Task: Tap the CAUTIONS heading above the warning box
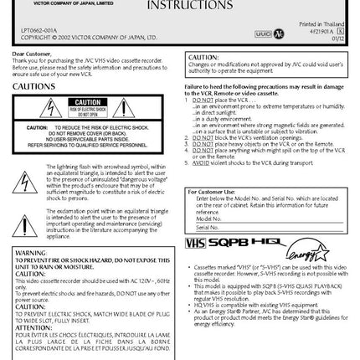click(34, 85)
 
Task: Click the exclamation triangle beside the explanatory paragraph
click(28, 224)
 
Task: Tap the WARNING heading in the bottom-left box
click(27, 252)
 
